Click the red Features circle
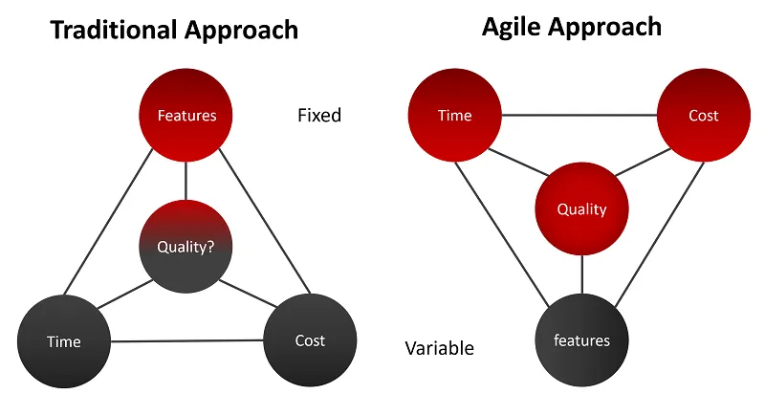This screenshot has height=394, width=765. (x=186, y=116)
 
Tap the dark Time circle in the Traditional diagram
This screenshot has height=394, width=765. (x=64, y=340)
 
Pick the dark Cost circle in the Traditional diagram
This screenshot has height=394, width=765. (x=310, y=339)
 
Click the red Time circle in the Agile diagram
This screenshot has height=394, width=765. (x=454, y=115)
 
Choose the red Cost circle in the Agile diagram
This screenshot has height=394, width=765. (x=703, y=115)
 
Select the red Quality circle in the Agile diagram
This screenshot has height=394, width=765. (x=581, y=209)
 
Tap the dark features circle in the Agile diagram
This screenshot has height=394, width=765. (x=581, y=339)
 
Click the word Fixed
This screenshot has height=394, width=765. (x=319, y=116)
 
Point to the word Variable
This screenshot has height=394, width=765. (x=439, y=348)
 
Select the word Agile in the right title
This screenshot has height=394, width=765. (x=512, y=26)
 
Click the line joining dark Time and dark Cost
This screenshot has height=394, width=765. (x=186, y=340)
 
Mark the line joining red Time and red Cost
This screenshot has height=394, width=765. (x=579, y=116)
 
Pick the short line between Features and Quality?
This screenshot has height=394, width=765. (x=186, y=181)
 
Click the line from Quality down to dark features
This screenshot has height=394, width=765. (x=581, y=274)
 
